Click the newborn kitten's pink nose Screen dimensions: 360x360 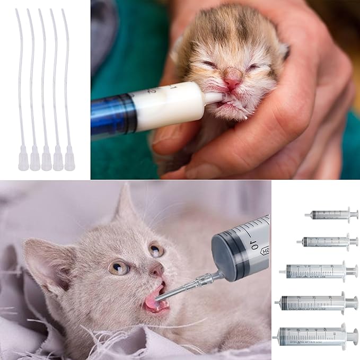point(232,83)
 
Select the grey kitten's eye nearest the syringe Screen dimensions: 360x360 point(155,249)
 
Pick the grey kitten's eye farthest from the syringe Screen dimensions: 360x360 point(119,267)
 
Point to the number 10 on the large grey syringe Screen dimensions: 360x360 point(252,245)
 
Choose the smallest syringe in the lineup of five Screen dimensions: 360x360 point(331,215)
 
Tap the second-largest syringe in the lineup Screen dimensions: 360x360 point(317,303)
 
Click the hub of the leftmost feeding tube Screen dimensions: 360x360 point(23,160)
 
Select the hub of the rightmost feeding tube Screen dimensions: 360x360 point(69,159)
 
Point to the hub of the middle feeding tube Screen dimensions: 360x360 point(46,160)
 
